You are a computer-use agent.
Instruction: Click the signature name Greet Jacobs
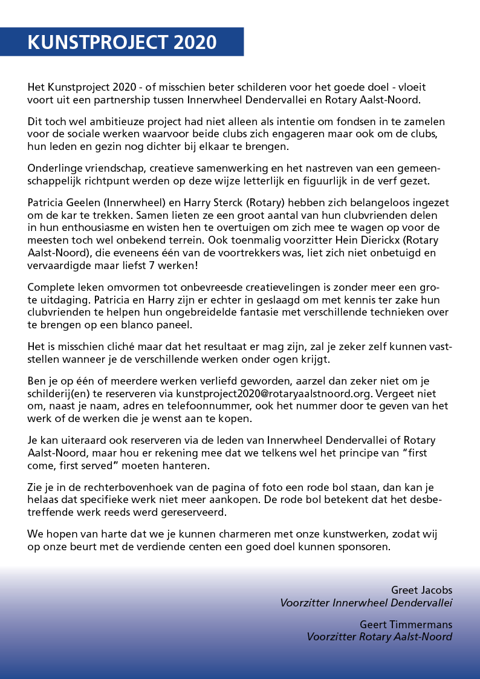click(x=421, y=590)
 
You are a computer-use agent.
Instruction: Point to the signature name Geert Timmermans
click(x=406, y=625)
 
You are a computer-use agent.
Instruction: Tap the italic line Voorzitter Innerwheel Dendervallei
click(x=366, y=603)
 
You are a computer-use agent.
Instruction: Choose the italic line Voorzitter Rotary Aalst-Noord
click(x=379, y=637)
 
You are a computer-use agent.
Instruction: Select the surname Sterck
click(x=235, y=203)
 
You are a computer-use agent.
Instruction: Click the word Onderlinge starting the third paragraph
click(x=53, y=168)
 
